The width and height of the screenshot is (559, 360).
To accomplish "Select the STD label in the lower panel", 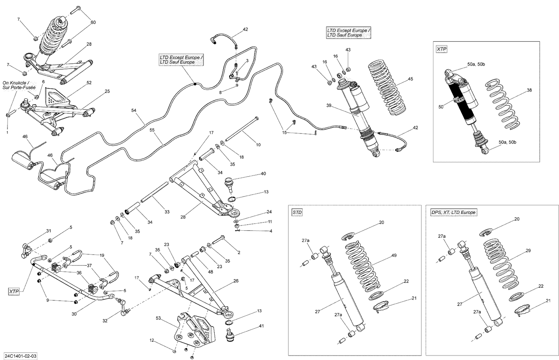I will click(x=297, y=212).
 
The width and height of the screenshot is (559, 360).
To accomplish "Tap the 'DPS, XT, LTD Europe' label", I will click(x=453, y=212).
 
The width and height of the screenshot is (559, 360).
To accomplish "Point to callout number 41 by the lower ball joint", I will click(x=261, y=326).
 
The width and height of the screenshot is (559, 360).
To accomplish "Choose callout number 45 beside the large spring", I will click(x=410, y=79).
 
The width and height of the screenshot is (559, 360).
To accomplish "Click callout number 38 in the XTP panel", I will click(x=529, y=90).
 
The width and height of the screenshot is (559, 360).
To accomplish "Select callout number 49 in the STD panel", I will click(x=394, y=256).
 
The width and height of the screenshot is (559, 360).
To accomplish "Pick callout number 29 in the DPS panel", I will click(x=528, y=251).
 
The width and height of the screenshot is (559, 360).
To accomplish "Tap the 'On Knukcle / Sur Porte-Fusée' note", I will click(x=19, y=85).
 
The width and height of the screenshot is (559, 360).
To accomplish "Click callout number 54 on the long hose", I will click(x=134, y=110).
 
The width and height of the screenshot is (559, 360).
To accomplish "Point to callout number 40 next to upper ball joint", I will click(x=263, y=174).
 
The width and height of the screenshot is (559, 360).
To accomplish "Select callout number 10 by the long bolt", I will click(x=258, y=145).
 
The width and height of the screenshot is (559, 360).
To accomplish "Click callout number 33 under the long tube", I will click(x=167, y=212).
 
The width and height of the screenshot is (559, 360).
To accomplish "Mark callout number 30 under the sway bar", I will click(x=74, y=314).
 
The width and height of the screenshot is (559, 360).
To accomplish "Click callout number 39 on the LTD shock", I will click(x=329, y=105).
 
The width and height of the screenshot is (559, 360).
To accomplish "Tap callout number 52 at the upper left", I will click(x=89, y=83).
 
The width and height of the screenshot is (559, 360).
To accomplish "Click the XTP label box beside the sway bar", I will click(x=14, y=292).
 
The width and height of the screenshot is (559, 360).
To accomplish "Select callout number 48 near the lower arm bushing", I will click(x=211, y=272).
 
